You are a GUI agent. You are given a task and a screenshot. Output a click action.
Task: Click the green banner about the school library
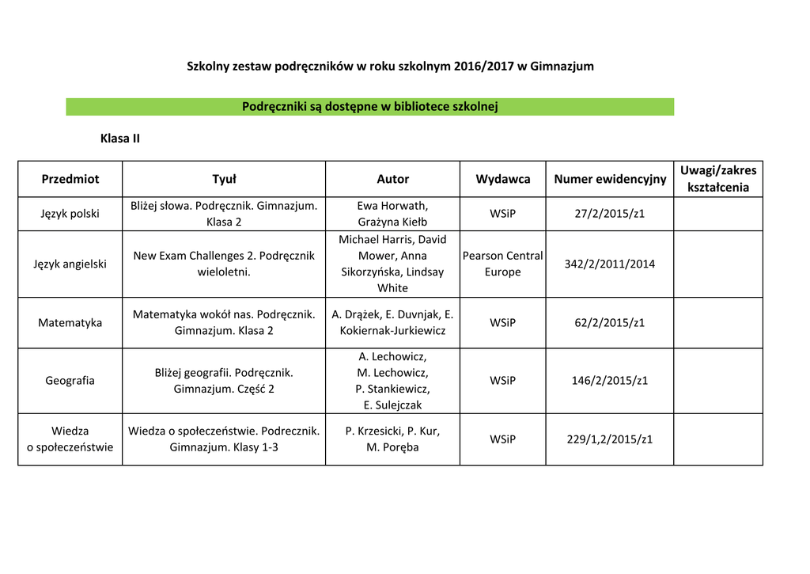(369, 107)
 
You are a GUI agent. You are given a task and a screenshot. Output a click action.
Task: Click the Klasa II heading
(120, 139)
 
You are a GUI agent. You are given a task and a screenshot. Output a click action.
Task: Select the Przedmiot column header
(70, 179)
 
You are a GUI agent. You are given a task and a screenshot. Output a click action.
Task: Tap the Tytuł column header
(224, 179)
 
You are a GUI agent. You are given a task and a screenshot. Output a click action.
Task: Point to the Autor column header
(392, 179)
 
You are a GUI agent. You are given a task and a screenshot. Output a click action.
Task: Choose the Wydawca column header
(503, 179)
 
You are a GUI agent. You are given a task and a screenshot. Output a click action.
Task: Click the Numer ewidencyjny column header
(610, 179)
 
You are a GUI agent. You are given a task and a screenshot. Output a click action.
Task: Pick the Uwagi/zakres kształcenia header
(718, 179)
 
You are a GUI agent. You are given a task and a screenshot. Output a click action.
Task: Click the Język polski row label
(70, 214)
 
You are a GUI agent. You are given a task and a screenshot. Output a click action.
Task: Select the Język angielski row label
(70, 264)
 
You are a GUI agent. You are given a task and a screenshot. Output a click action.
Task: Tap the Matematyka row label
(70, 322)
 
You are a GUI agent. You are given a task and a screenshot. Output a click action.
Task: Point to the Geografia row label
(70, 380)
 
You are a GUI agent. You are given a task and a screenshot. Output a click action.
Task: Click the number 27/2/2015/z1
(610, 214)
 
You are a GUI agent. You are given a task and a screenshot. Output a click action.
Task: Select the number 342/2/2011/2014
(610, 264)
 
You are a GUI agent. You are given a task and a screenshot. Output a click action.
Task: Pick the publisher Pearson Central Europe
(503, 264)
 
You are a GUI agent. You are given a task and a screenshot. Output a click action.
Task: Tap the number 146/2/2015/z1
(610, 380)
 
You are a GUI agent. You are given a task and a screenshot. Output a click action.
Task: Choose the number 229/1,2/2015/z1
(610, 439)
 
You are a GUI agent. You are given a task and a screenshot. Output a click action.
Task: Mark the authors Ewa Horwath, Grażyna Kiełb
(392, 214)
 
